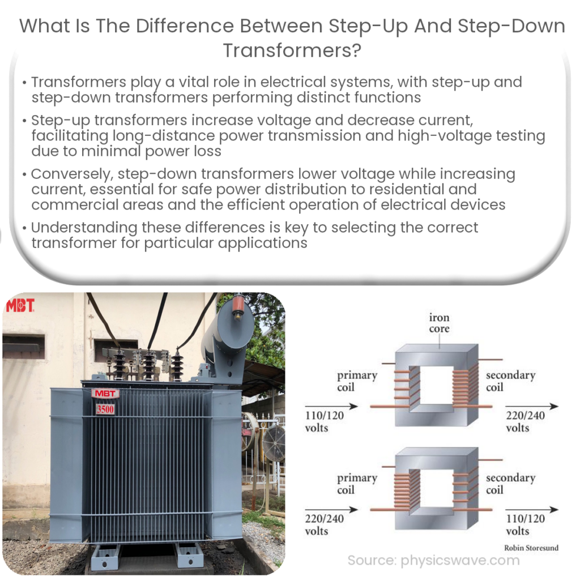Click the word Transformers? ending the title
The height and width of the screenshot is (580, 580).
click(x=292, y=50)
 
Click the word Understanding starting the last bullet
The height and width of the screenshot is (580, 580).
click(x=83, y=228)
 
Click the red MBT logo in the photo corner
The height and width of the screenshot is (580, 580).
click(x=20, y=306)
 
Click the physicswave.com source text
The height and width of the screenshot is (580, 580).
click(x=433, y=561)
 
